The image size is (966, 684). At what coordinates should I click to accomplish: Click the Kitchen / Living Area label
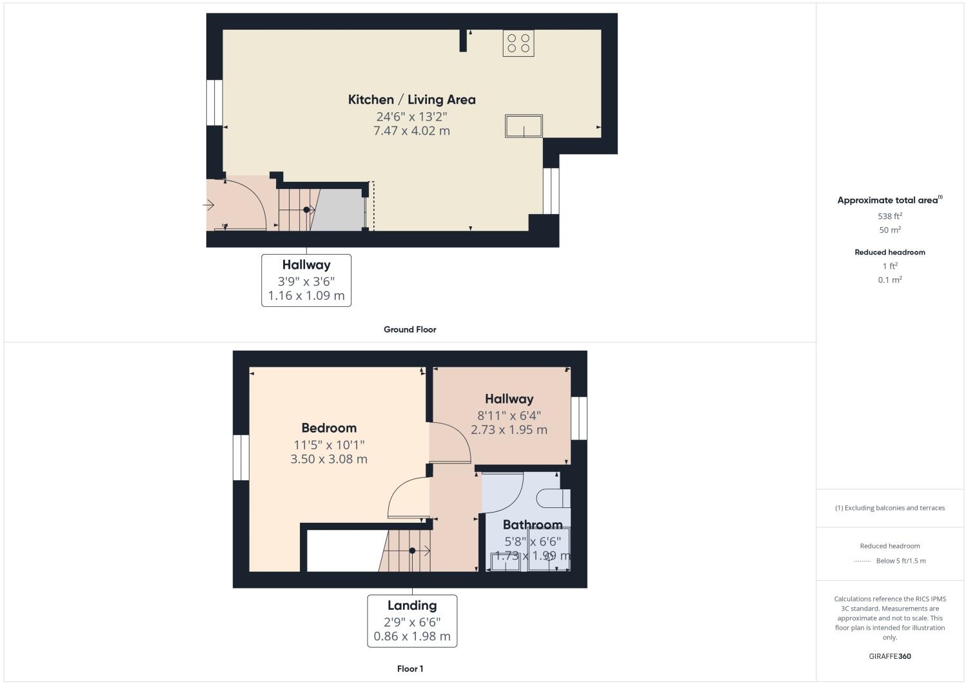click(411, 99)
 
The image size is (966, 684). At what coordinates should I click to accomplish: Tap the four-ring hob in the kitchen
click(518, 43)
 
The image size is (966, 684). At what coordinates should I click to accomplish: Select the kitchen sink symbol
click(524, 126)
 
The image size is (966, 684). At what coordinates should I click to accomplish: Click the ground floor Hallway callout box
click(306, 280)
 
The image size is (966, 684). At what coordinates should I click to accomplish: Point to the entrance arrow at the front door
click(208, 205)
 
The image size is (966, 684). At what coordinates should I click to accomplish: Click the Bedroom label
click(329, 428)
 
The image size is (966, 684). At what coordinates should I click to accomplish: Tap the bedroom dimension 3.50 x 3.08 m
click(329, 459)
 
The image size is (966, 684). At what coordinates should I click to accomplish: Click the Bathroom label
click(533, 525)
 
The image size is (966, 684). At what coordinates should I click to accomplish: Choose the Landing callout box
click(412, 621)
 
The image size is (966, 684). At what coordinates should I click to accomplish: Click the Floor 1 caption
click(410, 669)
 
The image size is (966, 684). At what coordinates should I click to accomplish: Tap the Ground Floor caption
click(410, 329)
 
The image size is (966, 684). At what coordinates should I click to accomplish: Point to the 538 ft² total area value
click(890, 217)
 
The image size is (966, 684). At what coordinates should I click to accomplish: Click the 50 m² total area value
click(890, 230)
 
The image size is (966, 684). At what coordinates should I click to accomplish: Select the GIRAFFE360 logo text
click(890, 656)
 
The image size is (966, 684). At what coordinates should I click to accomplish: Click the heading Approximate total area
click(888, 200)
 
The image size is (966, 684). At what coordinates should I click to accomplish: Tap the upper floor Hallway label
click(509, 399)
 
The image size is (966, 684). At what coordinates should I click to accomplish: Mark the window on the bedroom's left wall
click(241, 457)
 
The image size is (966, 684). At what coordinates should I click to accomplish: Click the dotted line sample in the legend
click(862, 562)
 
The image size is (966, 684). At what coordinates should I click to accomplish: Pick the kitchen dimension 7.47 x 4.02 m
click(411, 131)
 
